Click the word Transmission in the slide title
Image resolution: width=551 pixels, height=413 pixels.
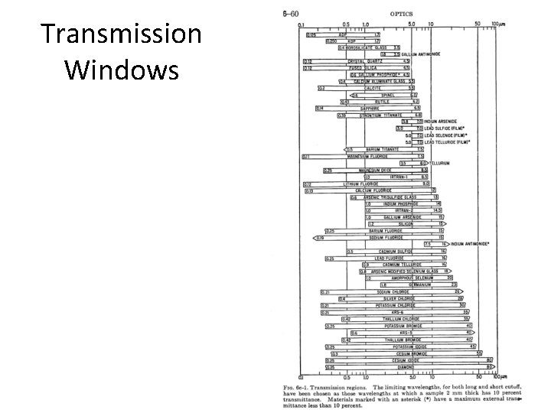click(x=122, y=35)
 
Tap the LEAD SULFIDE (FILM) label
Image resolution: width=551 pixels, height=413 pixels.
click(x=447, y=128)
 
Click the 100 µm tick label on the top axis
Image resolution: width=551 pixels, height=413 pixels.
click(x=497, y=24)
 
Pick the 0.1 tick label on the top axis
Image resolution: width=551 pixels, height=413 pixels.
click(x=300, y=24)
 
